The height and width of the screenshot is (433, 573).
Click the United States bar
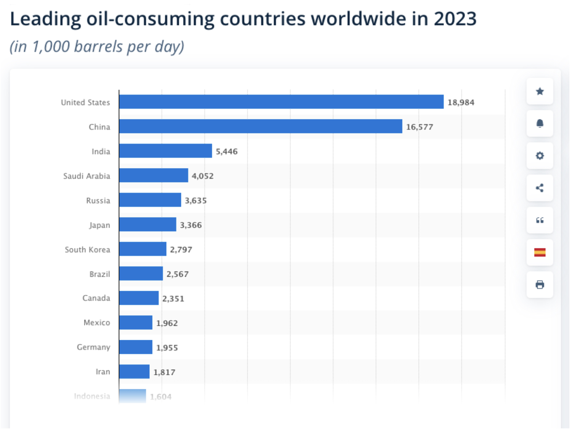pyautogui.click(x=281, y=102)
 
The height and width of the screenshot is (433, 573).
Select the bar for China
pyautogui.click(x=261, y=126)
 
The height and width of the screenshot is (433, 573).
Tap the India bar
pyautogui.click(x=166, y=151)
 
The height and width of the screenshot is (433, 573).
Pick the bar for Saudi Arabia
pyautogui.click(x=154, y=175)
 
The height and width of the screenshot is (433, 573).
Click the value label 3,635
pyautogui.click(x=196, y=200)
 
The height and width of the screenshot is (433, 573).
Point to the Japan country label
pyautogui.click(x=100, y=225)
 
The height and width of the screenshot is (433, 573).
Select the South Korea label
pyautogui.click(x=87, y=249)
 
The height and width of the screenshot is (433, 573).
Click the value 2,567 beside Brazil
pyautogui.click(x=177, y=274)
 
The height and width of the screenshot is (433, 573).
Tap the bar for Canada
pyautogui.click(x=139, y=298)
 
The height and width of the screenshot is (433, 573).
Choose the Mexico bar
pyautogui.click(x=136, y=323)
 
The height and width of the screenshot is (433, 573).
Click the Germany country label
pyautogui.click(x=93, y=347)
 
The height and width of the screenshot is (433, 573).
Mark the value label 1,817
pyautogui.click(x=164, y=372)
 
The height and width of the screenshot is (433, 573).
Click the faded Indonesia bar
pyautogui.click(x=132, y=396)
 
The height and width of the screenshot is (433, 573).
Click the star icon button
pyautogui.click(x=540, y=91)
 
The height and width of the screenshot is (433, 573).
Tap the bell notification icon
pyautogui.click(x=540, y=124)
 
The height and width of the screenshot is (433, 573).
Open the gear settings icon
pyautogui.click(x=540, y=156)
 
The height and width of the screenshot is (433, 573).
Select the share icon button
pyautogui.click(x=540, y=188)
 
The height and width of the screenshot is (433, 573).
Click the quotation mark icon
pyautogui.click(x=540, y=220)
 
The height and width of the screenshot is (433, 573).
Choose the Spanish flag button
pyautogui.click(x=540, y=252)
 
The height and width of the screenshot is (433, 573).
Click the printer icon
pyautogui.click(x=540, y=285)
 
